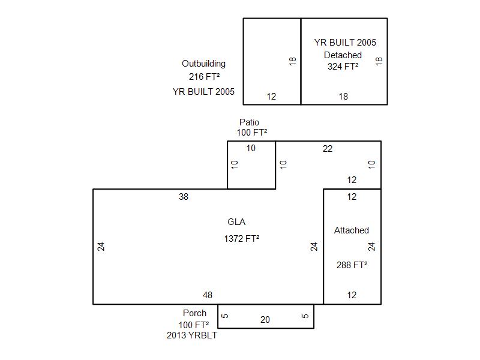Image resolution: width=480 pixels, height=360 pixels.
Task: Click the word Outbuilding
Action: click(203, 64)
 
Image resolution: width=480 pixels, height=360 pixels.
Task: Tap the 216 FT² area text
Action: click(204, 77)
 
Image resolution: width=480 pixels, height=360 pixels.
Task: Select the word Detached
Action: click(343, 55)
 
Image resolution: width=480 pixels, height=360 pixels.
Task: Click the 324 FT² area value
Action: click(343, 67)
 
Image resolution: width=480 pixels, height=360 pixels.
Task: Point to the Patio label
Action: click(249, 122)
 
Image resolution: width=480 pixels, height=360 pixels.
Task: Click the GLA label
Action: click(236, 222)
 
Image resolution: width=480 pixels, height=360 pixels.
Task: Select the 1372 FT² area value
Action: click(242, 238)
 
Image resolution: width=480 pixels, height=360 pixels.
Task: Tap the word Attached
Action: click(352, 230)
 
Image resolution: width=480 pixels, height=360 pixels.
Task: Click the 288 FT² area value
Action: click(352, 265)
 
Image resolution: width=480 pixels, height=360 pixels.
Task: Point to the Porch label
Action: click(194, 313)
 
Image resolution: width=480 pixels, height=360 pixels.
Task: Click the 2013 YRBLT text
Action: click(192, 335)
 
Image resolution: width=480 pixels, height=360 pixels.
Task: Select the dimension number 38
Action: click(184, 197)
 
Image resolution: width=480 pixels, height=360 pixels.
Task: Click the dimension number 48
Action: click(208, 295)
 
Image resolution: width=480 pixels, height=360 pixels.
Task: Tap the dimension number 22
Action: click(328, 149)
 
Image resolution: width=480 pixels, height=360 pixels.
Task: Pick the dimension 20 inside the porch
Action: click(265, 320)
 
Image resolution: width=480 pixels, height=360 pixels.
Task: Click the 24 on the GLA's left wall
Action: click(101, 247)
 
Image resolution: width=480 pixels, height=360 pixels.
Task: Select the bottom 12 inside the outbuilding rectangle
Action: click(271, 97)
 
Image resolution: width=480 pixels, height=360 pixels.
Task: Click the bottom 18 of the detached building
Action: click(343, 97)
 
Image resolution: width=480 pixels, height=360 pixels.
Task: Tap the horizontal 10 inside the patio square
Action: click(251, 148)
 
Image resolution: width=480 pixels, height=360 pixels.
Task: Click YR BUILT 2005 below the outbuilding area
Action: click(203, 92)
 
